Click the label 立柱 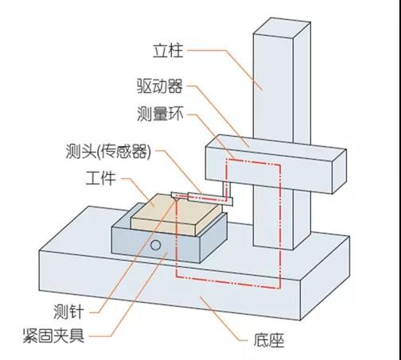[168, 52]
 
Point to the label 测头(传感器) [109, 151]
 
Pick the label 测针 [83, 308]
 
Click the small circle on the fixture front [158, 243]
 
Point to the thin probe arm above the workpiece [199, 195]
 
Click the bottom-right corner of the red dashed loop [280, 288]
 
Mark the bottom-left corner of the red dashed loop [177, 278]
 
